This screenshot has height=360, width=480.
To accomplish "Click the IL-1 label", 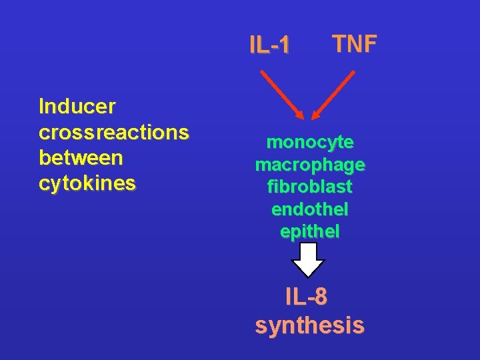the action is click(x=269, y=45).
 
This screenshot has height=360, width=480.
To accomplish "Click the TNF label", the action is click(x=355, y=44).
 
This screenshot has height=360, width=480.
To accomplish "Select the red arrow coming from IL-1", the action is click(x=282, y=95).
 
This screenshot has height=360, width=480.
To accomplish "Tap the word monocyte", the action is click(x=310, y=143).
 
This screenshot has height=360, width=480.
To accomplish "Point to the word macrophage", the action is click(x=310, y=164).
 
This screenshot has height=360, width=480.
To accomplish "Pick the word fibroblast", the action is click(x=310, y=186).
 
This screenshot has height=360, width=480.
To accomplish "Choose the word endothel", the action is click(x=310, y=209).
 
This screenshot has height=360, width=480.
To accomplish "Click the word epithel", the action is click(x=310, y=231).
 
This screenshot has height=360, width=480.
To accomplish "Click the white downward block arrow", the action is click(x=309, y=259).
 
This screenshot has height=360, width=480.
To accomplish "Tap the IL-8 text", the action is click(x=306, y=297).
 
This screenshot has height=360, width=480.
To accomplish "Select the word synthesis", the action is click(x=309, y=325).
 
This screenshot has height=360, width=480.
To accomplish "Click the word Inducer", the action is click(x=77, y=106).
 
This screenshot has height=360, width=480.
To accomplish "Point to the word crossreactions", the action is click(x=114, y=133).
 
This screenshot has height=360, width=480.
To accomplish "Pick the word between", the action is click(x=81, y=158).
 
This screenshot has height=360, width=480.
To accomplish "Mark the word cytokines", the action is click(x=87, y=183).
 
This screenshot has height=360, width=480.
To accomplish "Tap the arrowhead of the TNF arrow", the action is click(x=316, y=116).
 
